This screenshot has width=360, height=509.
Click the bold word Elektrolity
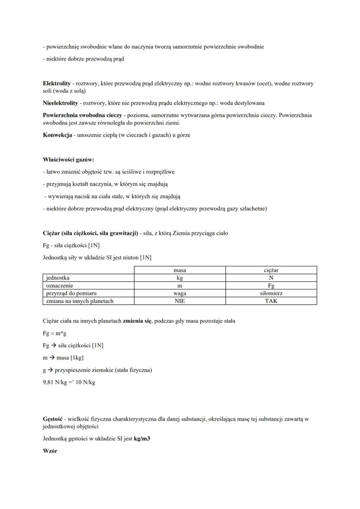point(57,83)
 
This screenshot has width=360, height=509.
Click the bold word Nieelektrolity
point(60,103)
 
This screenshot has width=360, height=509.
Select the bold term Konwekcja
point(57,135)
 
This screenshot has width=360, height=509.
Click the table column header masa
point(180,270)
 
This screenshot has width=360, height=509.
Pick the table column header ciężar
point(271,270)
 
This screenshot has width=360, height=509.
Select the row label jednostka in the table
point(58,278)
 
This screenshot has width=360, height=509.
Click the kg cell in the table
point(180,278)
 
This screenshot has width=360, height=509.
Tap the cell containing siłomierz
point(271,293)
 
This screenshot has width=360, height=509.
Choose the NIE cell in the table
point(180,301)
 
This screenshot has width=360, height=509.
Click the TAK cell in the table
point(271,301)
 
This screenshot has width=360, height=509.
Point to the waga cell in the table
point(180,293)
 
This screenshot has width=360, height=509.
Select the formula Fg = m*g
point(54,333)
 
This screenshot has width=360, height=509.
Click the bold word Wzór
point(50,451)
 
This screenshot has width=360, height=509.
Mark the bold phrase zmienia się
point(137,321)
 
